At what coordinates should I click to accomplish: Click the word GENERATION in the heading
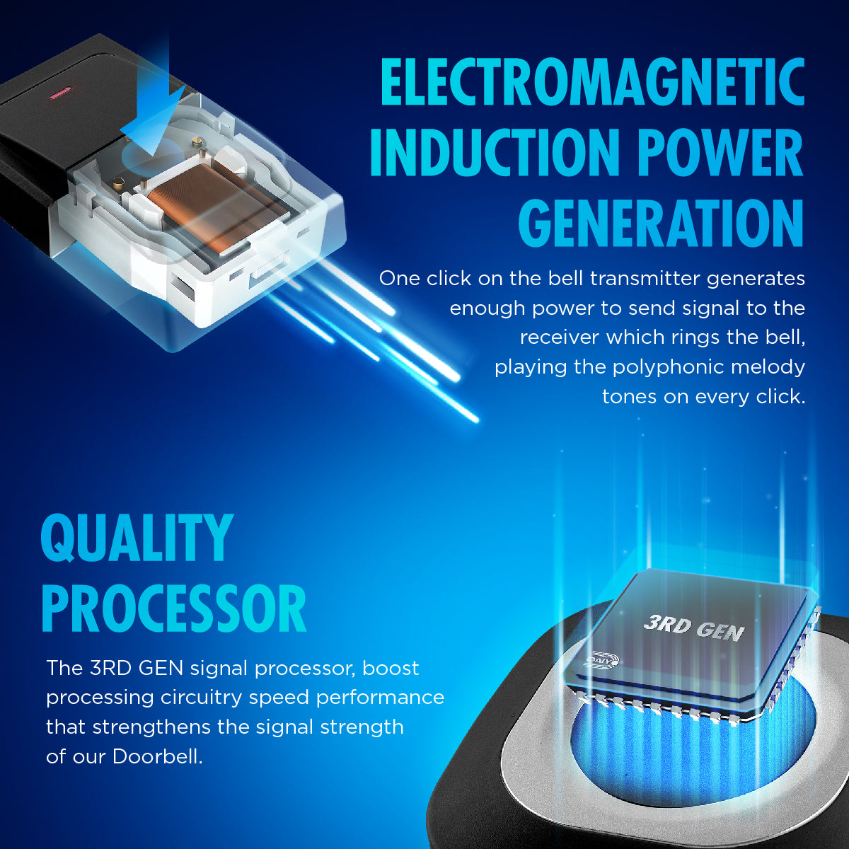[x=661, y=223]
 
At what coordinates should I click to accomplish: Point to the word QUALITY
[x=137, y=538]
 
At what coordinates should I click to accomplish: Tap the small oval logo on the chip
[x=603, y=660]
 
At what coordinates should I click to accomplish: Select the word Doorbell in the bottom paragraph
[x=157, y=757]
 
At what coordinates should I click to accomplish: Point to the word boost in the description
[x=391, y=669]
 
